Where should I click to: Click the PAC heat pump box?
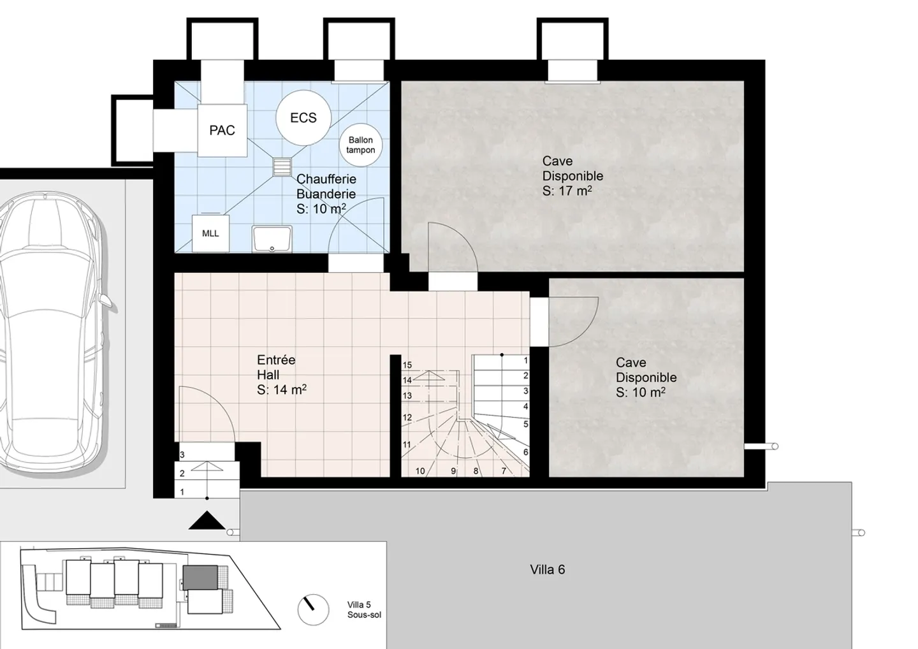[x=222, y=130]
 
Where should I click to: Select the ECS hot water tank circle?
[x=303, y=118]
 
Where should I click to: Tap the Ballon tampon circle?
[x=361, y=145]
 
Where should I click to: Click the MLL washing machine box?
[x=210, y=233]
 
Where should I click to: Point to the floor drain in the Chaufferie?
[x=281, y=167]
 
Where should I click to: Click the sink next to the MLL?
[x=272, y=238]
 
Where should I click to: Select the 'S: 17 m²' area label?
[x=567, y=191]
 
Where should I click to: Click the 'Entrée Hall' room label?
[x=276, y=368]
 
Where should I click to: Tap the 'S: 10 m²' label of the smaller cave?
[x=640, y=392]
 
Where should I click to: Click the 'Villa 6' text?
[x=547, y=569]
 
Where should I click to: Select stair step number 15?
[x=407, y=365]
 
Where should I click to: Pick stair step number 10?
[x=420, y=471]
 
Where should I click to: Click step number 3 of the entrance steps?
[x=182, y=455]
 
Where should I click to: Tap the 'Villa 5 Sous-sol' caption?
[x=363, y=609]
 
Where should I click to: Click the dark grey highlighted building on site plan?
[x=201, y=578]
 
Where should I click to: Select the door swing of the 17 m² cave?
[x=453, y=249]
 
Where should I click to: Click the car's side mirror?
[x=108, y=301]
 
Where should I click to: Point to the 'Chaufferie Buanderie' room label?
[x=326, y=187]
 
